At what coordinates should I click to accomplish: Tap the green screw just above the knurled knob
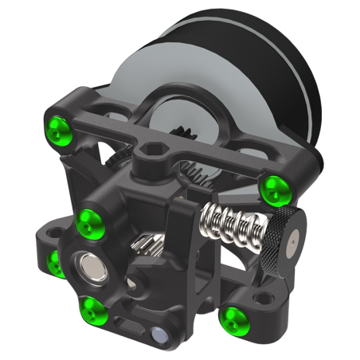[273, 188]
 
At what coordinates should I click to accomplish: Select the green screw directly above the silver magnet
[87, 217]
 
